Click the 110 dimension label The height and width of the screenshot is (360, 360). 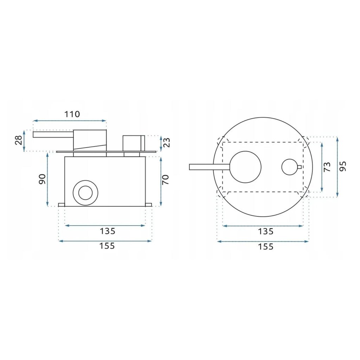[x=72, y=114]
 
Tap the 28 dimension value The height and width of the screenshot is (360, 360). [x=19, y=140]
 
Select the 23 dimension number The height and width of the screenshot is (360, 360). [x=167, y=142]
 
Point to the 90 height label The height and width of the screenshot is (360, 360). [x=42, y=179]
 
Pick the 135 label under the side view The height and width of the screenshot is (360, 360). [x=108, y=231]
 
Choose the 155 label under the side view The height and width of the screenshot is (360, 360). [x=107, y=246]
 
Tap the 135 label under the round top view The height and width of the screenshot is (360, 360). [x=266, y=231]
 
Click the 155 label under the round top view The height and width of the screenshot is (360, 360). [x=266, y=246]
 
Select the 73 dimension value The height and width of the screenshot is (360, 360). [x=327, y=167]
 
